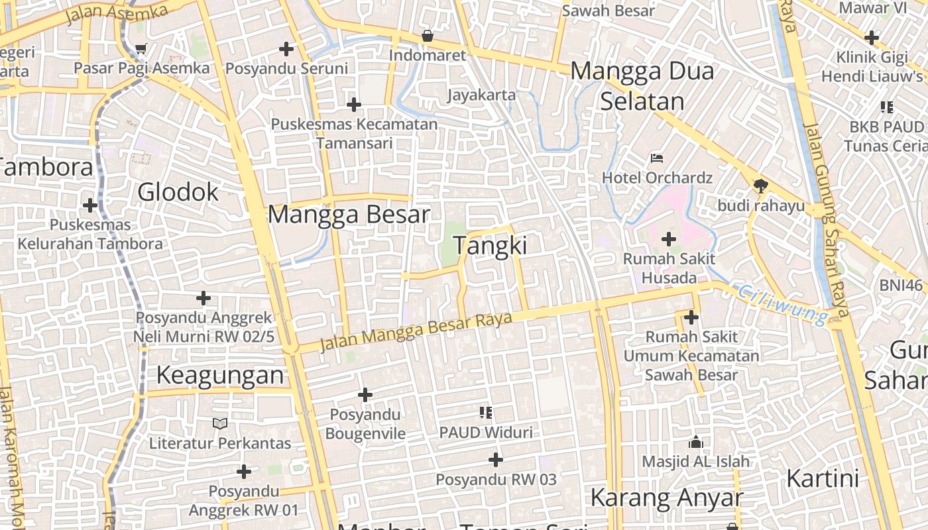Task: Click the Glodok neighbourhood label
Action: (x=178, y=192)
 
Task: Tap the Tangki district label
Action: (x=490, y=246)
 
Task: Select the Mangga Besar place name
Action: (x=349, y=215)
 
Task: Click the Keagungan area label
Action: (x=220, y=376)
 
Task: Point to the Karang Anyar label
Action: (x=666, y=498)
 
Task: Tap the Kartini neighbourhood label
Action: (x=822, y=478)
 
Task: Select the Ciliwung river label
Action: (x=782, y=304)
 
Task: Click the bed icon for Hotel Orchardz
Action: (x=657, y=158)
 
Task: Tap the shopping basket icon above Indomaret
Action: (x=428, y=36)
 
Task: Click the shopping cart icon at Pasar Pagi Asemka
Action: (x=141, y=48)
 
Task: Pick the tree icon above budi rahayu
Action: (x=761, y=186)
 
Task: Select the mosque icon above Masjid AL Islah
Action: (x=696, y=441)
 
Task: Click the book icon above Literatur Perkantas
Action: (x=220, y=423)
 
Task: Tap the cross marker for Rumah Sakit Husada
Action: (x=669, y=238)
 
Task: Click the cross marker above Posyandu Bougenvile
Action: (x=365, y=395)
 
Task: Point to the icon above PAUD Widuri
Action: (x=485, y=413)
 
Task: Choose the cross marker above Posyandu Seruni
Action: (x=286, y=48)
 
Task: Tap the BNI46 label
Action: (x=901, y=286)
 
